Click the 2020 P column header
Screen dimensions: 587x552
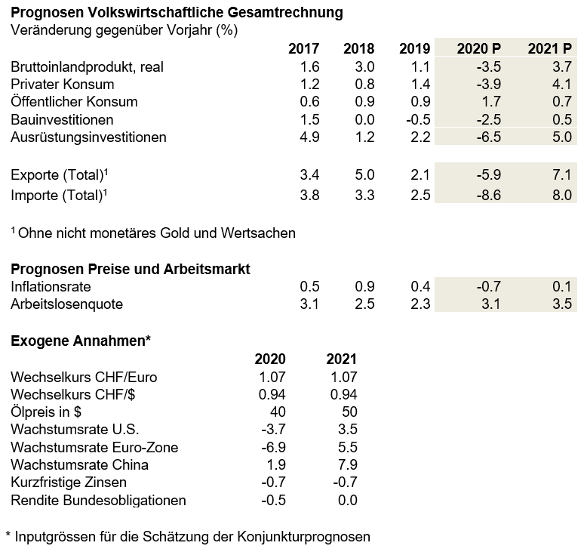478,49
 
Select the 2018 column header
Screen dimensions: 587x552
358,49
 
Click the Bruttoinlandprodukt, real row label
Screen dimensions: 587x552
88,67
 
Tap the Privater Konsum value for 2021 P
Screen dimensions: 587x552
562,84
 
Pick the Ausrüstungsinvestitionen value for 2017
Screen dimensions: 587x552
309,137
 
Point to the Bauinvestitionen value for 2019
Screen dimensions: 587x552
418,119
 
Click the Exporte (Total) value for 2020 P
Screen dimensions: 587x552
489,174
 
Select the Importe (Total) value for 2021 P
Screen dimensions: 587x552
562,195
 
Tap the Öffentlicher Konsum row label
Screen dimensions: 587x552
74,101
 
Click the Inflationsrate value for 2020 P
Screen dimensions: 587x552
489,286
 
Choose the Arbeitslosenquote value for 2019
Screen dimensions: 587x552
420,304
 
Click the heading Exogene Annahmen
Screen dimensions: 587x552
81,341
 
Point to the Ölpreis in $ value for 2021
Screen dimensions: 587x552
349,412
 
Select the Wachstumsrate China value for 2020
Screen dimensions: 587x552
276,464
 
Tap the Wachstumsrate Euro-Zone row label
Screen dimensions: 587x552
94,447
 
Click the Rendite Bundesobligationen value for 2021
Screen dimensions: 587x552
347,500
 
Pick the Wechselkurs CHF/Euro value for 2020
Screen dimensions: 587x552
272,377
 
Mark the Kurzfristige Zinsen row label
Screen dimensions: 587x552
69,482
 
